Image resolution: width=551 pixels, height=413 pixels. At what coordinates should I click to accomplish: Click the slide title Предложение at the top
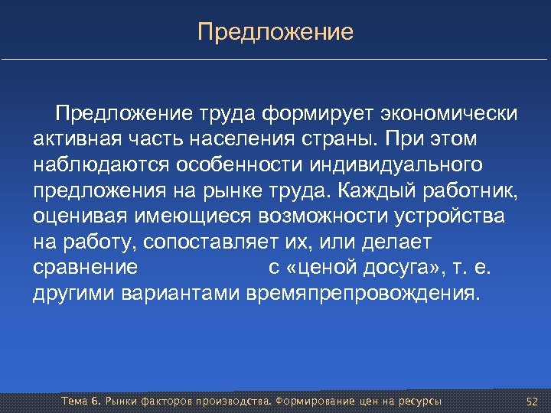tap(275, 32)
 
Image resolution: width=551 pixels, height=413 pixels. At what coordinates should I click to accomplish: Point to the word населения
tap(247, 141)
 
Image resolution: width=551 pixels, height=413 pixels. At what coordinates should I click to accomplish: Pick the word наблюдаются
tap(98, 166)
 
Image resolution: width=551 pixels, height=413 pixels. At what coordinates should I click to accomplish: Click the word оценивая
tap(82, 216)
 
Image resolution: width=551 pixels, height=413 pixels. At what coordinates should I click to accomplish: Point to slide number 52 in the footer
tap(533, 402)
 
